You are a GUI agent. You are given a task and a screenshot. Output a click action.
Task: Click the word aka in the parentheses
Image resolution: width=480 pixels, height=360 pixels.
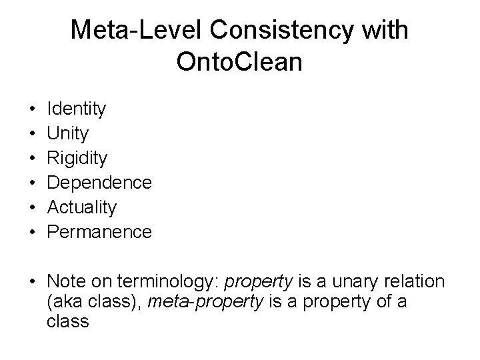tap(65, 302)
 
